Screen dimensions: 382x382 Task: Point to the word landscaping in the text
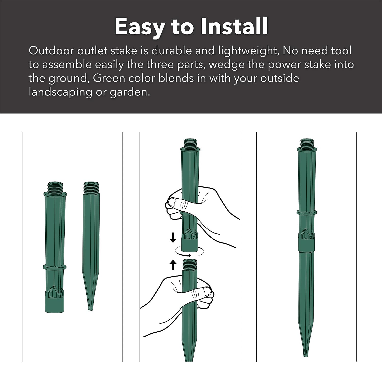(x=60, y=92)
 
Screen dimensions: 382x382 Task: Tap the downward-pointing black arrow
(x=173, y=237)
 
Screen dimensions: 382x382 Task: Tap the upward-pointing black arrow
(x=173, y=265)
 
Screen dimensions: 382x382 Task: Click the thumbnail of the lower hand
(x=206, y=291)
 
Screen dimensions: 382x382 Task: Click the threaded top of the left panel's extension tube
(x=55, y=187)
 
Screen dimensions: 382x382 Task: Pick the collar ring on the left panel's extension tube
(x=55, y=267)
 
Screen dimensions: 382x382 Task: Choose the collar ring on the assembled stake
(x=307, y=212)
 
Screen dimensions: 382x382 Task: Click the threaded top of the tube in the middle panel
(x=190, y=144)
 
